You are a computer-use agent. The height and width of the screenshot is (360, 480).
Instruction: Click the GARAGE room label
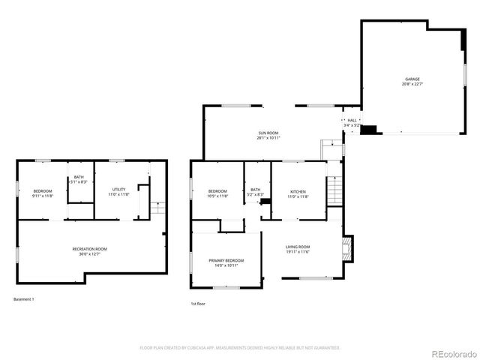(x=412, y=79)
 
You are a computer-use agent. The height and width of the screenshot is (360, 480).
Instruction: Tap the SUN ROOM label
(x=268, y=133)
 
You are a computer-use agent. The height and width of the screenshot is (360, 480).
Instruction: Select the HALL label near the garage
(x=351, y=120)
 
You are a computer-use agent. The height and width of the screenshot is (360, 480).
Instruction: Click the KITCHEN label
(x=298, y=191)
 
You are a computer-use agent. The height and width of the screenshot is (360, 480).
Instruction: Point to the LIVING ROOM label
(x=298, y=246)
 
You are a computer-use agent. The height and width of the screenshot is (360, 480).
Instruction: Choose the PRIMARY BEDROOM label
(x=226, y=260)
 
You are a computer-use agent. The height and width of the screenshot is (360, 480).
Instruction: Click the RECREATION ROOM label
(x=89, y=249)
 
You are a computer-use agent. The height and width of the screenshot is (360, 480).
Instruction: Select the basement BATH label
(x=79, y=177)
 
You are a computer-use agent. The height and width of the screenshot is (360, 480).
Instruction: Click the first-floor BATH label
(x=256, y=190)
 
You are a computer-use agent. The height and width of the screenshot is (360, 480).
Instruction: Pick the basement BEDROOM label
(x=43, y=191)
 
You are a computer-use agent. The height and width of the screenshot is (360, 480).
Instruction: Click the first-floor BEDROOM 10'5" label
(x=217, y=191)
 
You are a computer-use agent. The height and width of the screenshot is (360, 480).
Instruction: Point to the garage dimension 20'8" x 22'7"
(x=412, y=84)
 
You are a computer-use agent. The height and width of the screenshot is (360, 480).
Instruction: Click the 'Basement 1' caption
(x=24, y=299)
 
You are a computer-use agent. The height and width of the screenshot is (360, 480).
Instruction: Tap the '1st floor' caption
(x=198, y=304)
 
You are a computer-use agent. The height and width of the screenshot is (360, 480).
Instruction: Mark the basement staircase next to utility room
(x=157, y=208)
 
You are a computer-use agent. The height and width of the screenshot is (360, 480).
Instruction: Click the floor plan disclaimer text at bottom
(x=240, y=347)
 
